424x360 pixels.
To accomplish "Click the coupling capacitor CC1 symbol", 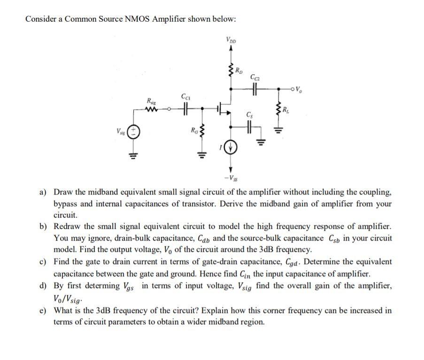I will (185, 108).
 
